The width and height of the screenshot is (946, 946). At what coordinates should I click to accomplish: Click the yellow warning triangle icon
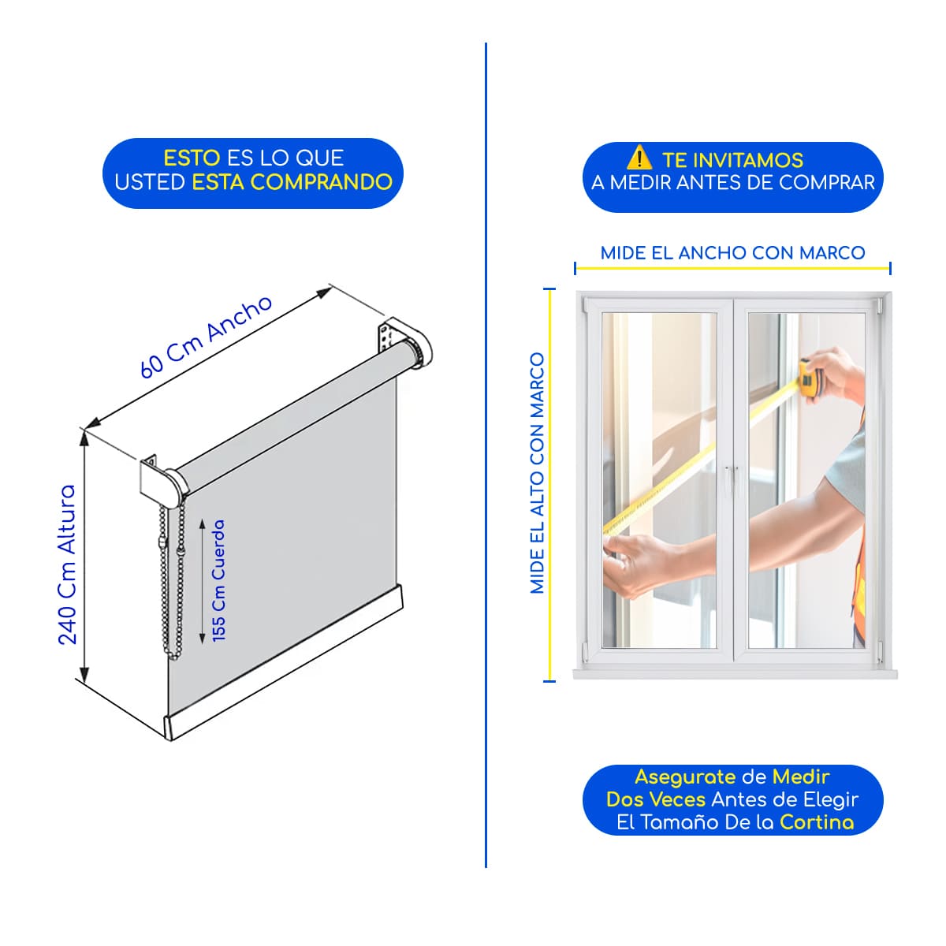[x=639, y=157]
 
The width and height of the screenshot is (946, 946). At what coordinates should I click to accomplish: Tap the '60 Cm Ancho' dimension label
[x=206, y=337]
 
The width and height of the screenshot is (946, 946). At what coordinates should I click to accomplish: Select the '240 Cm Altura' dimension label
[x=67, y=564]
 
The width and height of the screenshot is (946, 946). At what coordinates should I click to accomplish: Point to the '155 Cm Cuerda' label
[x=218, y=580]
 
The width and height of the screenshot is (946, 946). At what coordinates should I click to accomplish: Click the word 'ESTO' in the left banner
[x=192, y=158]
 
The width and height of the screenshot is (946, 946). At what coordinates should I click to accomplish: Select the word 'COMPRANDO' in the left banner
[x=322, y=182]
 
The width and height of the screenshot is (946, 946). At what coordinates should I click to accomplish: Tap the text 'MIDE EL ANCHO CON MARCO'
[x=732, y=253]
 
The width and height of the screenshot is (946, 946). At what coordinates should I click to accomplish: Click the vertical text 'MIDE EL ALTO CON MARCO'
[x=538, y=473]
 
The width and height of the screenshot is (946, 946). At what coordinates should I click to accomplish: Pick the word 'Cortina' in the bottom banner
[x=817, y=822]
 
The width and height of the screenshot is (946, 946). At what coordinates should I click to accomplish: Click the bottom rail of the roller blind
[x=283, y=661]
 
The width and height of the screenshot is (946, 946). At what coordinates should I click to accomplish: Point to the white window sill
[x=735, y=674]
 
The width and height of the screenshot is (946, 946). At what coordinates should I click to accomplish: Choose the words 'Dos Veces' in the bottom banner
[x=656, y=799]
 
